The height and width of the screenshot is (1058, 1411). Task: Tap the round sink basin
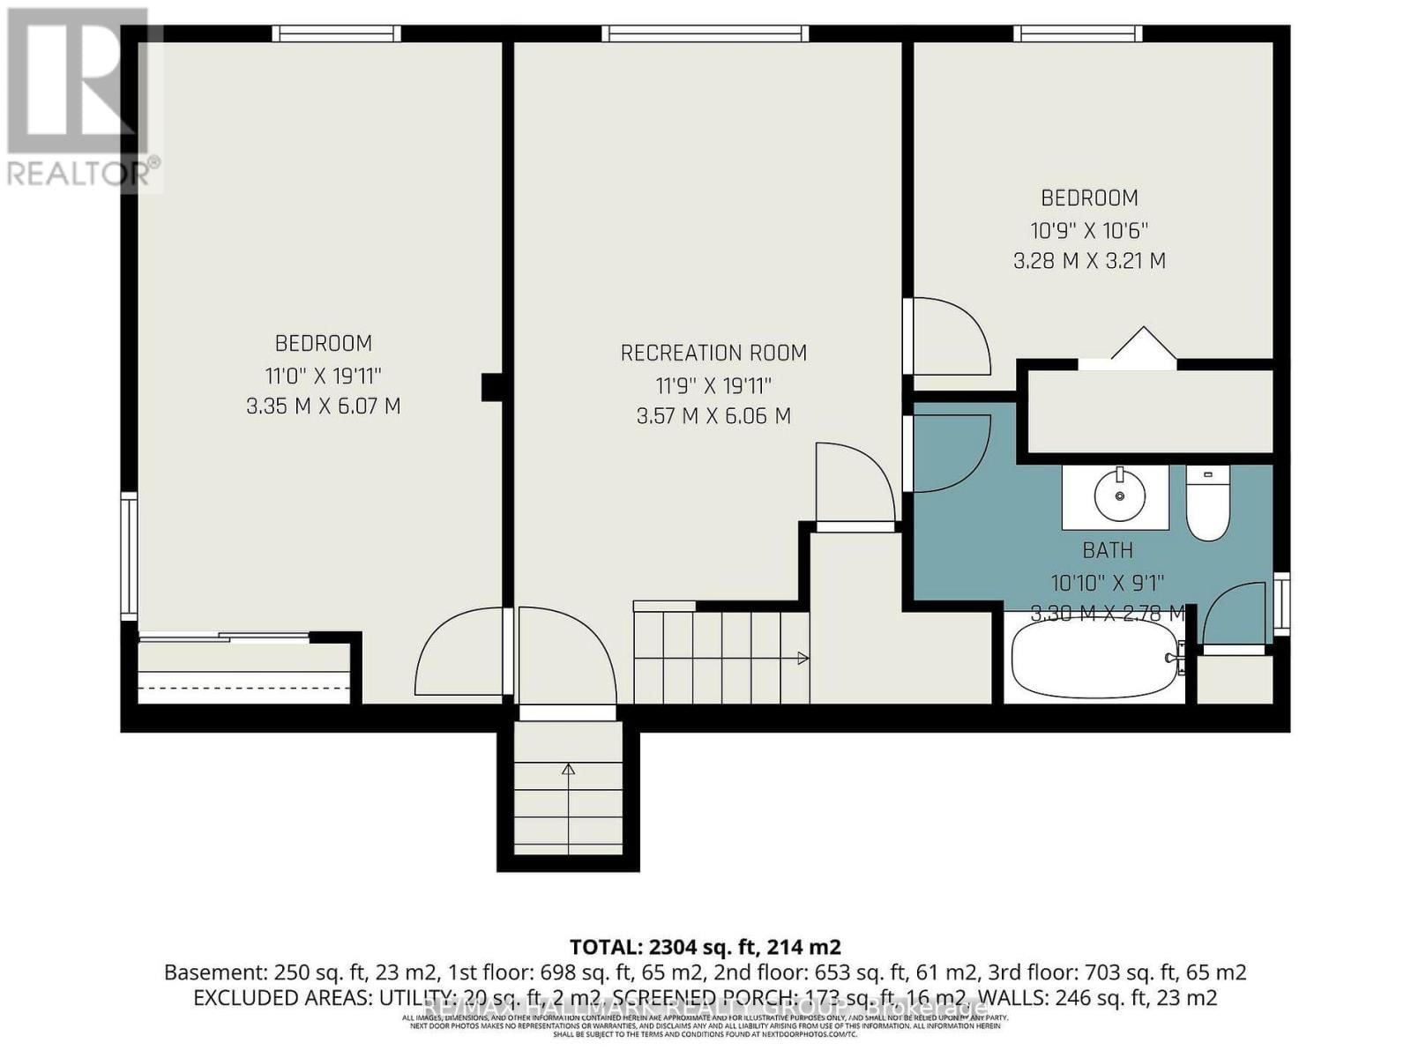tap(1119, 495)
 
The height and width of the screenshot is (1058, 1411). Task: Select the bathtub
tap(1094, 660)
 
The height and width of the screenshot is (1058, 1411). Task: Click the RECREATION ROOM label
tap(713, 354)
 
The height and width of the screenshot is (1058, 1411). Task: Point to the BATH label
tap(1108, 550)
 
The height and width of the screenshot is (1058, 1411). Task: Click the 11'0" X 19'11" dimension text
tap(323, 376)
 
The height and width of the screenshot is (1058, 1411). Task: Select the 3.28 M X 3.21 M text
tap(1089, 261)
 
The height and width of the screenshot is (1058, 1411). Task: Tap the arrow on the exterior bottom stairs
tap(568, 770)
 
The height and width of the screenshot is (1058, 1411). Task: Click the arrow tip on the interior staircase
tap(803, 658)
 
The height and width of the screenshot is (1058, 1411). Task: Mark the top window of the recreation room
tap(705, 34)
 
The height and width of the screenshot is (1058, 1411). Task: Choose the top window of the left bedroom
tap(336, 34)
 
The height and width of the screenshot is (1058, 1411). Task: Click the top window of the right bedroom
tap(1077, 34)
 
